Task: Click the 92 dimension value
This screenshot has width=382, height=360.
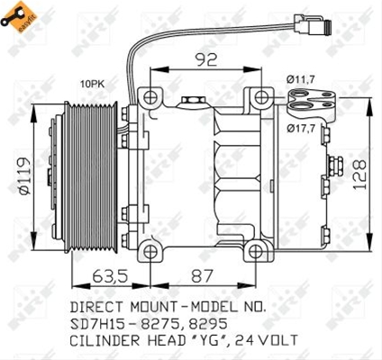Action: pyautogui.click(x=205, y=59)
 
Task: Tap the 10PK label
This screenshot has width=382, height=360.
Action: pyautogui.click(x=92, y=85)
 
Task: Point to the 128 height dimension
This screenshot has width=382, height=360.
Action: pyautogui.click(x=359, y=175)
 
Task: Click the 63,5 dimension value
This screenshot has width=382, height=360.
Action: pyautogui.click(x=110, y=276)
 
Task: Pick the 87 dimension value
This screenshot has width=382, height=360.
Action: pyautogui.click(x=202, y=276)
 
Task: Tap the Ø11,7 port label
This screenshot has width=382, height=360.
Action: pyautogui.click(x=300, y=79)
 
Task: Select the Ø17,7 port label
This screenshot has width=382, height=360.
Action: pyautogui.click(x=301, y=129)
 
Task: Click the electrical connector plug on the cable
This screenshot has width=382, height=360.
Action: pyautogui.click(x=313, y=24)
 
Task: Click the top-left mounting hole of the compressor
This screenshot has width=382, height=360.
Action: pyautogui.click(x=150, y=97)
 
